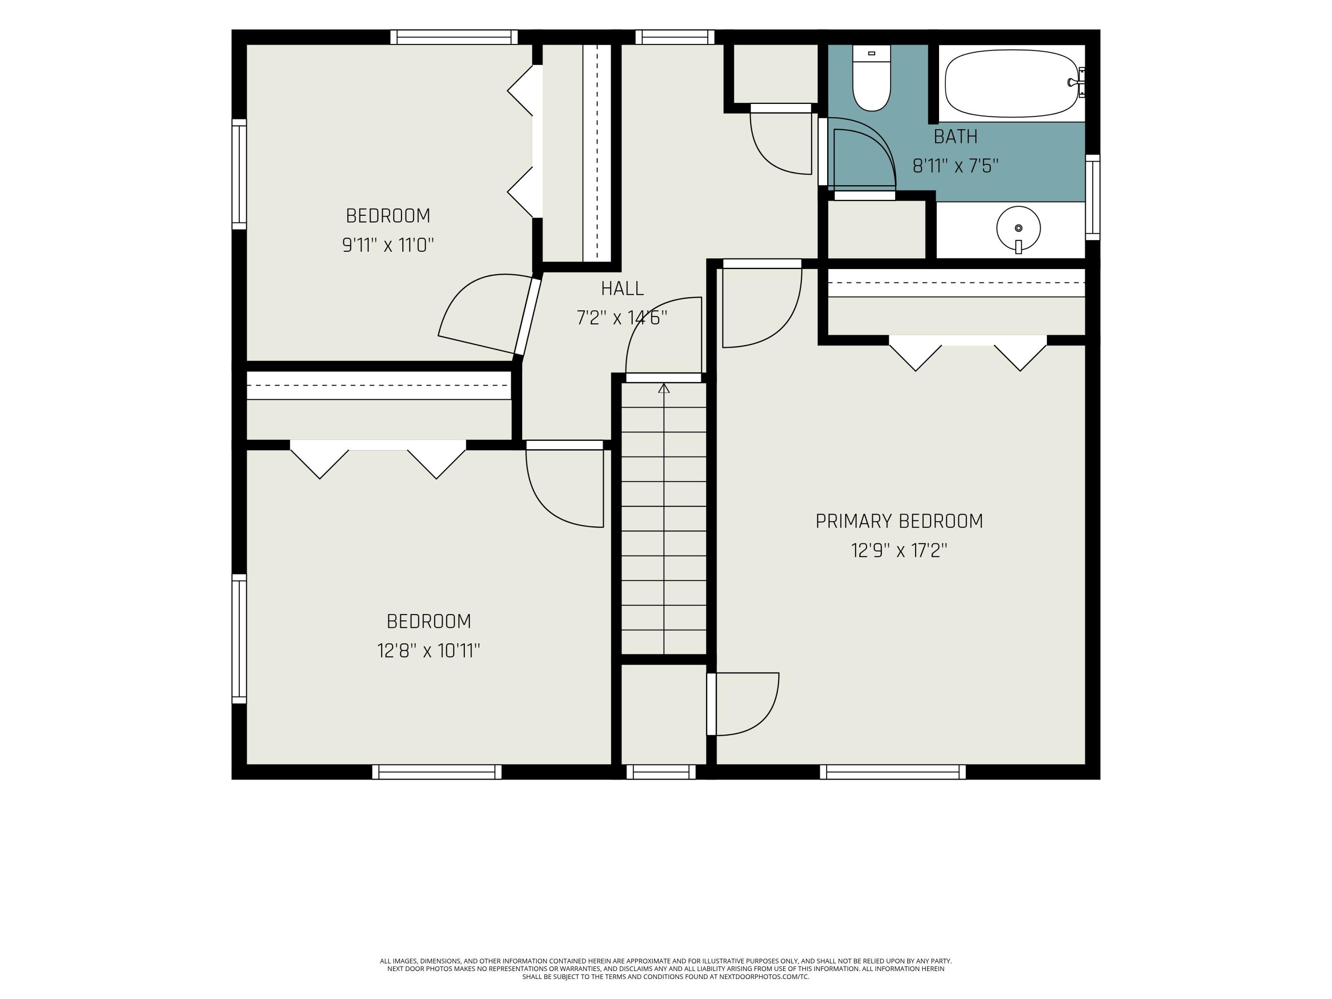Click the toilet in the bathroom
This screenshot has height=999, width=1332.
pyautogui.click(x=871, y=78)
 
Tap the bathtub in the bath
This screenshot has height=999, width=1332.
pyautogui.click(x=1011, y=83)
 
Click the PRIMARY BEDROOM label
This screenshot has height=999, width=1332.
pyautogui.click(x=899, y=521)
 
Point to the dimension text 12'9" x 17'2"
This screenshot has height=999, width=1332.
pyautogui.click(x=899, y=551)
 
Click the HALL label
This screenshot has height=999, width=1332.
pyautogui.click(x=622, y=289)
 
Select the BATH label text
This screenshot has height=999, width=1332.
pyautogui.click(x=955, y=137)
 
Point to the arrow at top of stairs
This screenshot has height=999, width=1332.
pyautogui.click(x=664, y=388)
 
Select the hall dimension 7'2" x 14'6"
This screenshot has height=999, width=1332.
pyautogui.click(x=622, y=317)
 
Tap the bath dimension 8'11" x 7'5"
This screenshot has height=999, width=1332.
pyautogui.click(x=955, y=166)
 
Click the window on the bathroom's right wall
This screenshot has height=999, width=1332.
pyautogui.click(x=1092, y=198)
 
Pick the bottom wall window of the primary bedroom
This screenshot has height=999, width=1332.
pyautogui.click(x=892, y=772)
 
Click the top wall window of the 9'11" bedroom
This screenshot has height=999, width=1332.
pyautogui.click(x=454, y=37)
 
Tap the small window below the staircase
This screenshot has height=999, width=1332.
pyautogui.click(x=661, y=772)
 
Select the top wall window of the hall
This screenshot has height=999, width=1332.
pyautogui.click(x=674, y=37)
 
